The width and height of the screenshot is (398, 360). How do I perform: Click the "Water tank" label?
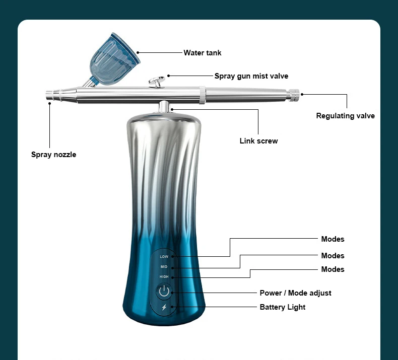pyautogui.click(x=202, y=53)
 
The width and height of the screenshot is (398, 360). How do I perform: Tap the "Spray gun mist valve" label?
pyautogui.click(x=251, y=76)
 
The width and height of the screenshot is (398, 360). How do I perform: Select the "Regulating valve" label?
pyautogui.click(x=345, y=116)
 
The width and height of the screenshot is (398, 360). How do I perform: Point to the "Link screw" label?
pyautogui.click(x=258, y=141)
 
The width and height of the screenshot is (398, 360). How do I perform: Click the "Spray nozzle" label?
pyautogui.click(x=53, y=155)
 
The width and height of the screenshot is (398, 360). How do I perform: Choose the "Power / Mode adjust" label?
pyautogui.click(x=295, y=293)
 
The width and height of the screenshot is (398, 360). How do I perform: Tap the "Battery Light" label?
pyautogui.click(x=282, y=307)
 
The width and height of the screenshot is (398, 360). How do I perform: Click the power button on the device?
pyautogui.click(x=164, y=292)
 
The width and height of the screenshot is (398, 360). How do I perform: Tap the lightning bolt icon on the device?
pyautogui.click(x=164, y=308)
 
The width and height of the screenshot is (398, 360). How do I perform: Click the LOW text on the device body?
pyautogui.click(x=164, y=257)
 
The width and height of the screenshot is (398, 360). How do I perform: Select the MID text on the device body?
pyautogui.click(x=164, y=267)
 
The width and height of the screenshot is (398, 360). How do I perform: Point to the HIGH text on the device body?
pyautogui.click(x=164, y=277)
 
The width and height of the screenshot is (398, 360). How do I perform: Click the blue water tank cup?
pyautogui.click(x=113, y=54)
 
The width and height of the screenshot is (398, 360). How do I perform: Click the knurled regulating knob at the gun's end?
pyautogui.click(x=294, y=94)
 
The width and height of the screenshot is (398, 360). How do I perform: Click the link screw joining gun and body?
pyautogui.click(x=164, y=107)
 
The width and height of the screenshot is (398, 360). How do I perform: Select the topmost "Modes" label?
pyautogui.click(x=333, y=239)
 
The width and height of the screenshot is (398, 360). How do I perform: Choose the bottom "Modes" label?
pyautogui.click(x=333, y=269)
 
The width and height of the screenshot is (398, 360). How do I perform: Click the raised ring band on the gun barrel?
pyautogui.click(x=202, y=95)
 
